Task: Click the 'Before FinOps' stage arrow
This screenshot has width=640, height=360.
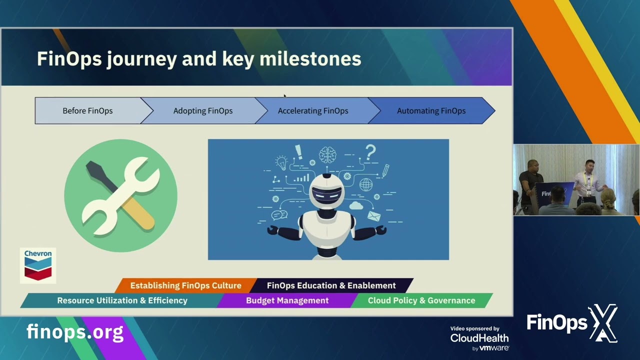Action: coord(87,111)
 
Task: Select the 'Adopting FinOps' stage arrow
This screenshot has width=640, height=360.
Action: coord(202,111)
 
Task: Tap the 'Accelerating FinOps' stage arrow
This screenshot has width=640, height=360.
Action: coord(313,111)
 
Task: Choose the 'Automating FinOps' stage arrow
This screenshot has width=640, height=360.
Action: coord(431,111)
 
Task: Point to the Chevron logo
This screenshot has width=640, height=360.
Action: coord(38,265)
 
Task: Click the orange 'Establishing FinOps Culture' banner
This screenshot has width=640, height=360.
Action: coord(185,285)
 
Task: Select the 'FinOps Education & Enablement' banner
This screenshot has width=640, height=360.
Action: coord(331,285)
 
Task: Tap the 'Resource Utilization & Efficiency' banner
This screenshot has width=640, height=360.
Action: coord(122,300)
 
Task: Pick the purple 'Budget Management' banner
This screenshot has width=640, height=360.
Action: coord(287,300)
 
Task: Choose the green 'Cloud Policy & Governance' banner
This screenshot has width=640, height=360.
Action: coord(421,300)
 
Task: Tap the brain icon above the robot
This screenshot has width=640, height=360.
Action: coord(327,155)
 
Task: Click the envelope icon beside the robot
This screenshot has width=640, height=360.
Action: coord(374,216)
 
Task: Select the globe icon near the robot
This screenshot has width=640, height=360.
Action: coord(366,184)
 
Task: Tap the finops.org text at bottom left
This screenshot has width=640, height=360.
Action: coord(75,332)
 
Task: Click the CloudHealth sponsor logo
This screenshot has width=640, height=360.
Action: coord(479,338)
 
